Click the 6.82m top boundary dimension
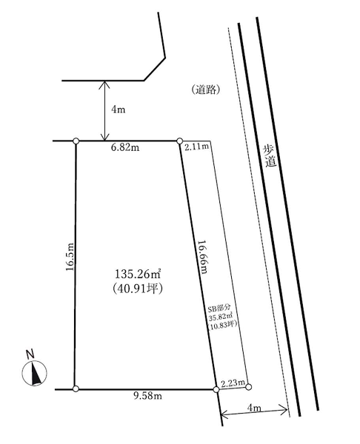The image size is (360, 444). pos(125,147)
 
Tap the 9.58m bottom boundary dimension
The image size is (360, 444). pos(147,396)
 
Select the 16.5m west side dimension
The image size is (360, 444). pos(70,257)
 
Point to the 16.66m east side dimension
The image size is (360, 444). pos(203,257)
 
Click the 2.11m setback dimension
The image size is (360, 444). pos(197,147)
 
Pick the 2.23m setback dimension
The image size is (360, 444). pos(233,383)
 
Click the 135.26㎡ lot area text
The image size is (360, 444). pos(138,274)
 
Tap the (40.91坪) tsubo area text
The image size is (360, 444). pos(138,289)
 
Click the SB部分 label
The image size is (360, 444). pos(220,308)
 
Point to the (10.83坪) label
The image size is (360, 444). pos(222,325)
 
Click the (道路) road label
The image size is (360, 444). pos(206,90)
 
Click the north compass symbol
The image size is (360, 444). pos(34,373)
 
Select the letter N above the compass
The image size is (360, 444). pos(30,354)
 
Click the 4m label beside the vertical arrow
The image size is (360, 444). pos(118,110)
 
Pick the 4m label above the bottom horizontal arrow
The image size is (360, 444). pos(254,408)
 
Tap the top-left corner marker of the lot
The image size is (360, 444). pos(76,141)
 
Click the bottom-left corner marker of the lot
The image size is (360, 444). pos(76,389)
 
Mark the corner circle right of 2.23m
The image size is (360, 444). pos(248,386)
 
